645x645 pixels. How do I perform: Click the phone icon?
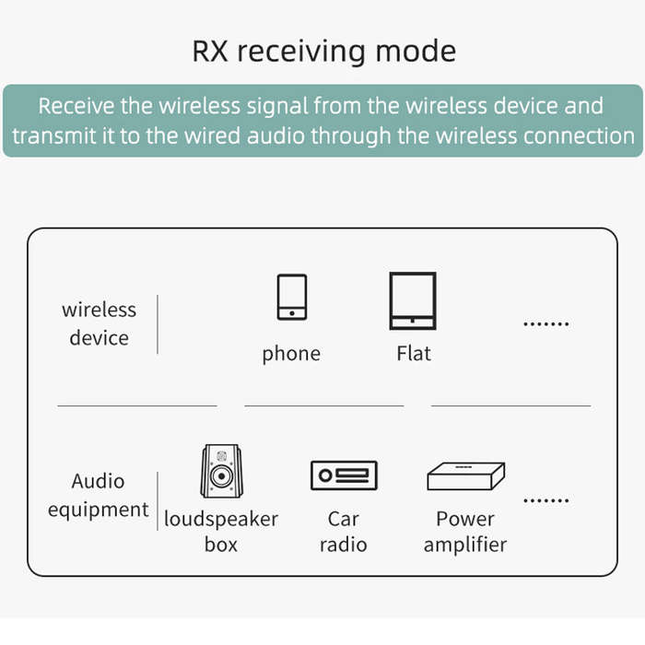coord(292,297)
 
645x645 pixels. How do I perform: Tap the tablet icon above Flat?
coord(413,300)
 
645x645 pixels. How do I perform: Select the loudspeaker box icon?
coord(221,471)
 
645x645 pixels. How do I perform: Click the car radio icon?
coord(344,475)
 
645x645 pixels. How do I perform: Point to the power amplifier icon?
coord(465,476)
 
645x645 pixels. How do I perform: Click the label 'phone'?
coord(291,354)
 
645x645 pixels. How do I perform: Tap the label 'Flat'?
coord(414,353)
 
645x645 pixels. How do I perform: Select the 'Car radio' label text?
coord(344,532)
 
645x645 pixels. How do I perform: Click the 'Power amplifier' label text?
coord(465,533)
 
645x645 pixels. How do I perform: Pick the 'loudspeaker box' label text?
coord(221,532)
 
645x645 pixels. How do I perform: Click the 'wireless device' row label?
coord(100,323)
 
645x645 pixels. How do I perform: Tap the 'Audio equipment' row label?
coord(98,496)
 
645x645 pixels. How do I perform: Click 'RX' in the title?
coord(210,52)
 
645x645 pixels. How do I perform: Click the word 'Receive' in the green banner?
coord(76,106)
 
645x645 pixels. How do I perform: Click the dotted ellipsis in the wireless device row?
coord(545,324)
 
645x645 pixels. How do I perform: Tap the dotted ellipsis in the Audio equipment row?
coord(545,500)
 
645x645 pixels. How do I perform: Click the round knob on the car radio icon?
coord(325,475)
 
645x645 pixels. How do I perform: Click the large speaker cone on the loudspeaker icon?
coord(222,476)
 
